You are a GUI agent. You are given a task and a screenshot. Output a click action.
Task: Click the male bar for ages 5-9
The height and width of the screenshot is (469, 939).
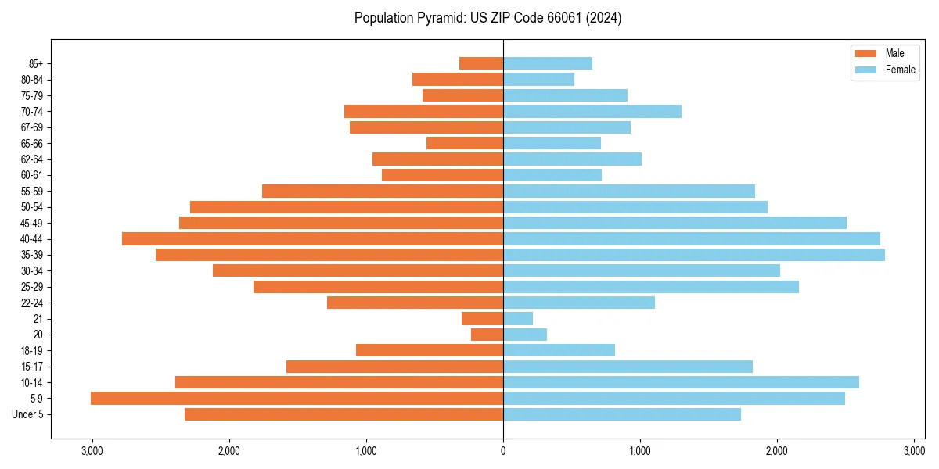tap(297, 399)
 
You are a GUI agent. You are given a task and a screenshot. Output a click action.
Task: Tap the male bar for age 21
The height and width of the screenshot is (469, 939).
tap(483, 319)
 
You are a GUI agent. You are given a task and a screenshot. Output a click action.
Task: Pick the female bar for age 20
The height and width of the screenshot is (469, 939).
tap(525, 335)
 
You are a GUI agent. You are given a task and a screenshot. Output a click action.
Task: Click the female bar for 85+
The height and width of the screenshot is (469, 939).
tap(548, 63)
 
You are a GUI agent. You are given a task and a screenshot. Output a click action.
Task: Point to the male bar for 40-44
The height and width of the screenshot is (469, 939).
tap(313, 238)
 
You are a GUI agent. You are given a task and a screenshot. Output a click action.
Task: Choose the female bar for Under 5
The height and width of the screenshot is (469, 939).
tap(622, 414)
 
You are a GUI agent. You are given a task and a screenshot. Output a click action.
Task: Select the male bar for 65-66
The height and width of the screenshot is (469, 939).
tap(465, 143)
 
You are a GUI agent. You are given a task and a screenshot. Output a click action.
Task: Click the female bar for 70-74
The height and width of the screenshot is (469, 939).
tap(592, 111)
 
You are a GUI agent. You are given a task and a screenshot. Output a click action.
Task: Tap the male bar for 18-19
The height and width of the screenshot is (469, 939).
tap(430, 350)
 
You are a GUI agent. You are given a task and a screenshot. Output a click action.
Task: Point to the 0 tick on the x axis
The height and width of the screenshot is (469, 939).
tap(503, 452)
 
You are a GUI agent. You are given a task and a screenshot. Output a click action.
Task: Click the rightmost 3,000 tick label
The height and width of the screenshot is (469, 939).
tap(914, 452)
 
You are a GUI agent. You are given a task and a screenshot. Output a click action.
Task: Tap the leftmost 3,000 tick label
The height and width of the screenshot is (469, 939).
tap(92, 452)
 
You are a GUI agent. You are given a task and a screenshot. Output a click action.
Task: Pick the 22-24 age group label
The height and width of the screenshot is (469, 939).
tap(32, 303)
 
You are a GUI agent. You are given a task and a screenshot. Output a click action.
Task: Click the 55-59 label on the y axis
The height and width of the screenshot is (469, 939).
tap(32, 191)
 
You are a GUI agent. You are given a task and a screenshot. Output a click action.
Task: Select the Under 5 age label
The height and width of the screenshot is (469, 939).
tap(28, 414)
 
